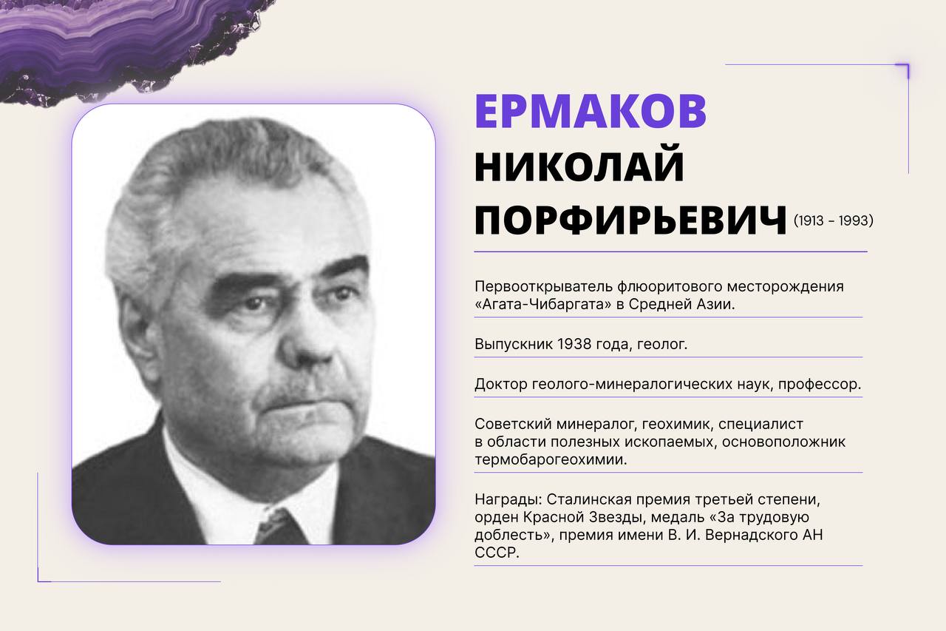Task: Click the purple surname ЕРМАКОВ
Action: (x=591, y=111)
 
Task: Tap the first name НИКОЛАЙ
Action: (x=579, y=163)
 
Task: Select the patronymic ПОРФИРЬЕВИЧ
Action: (x=631, y=220)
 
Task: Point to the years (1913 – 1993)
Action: (x=833, y=220)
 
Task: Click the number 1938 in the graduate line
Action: (x=574, y=344)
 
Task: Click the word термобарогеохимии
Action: (x=551, y=459)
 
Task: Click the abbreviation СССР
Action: (x=497, y=553)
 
